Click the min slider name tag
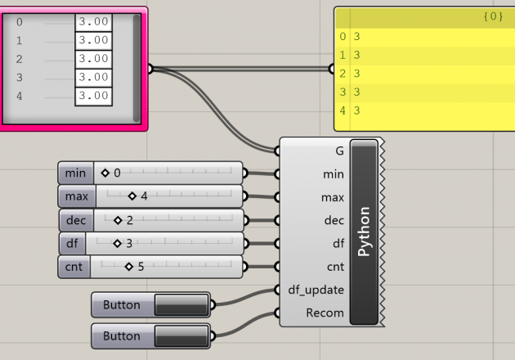pyautogui.click(x=75, y=173)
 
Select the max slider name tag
pyautogui.click(x=76, y=196)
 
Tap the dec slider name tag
pyautogui.click(x=75, y=220)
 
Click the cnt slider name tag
pyautogui.click(x=74, y=267)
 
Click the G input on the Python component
pyautogui.click(x=339, y=151)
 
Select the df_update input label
pyautogui.click(x=316, y=290)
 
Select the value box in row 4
pyautogui.click(x=93, y=96)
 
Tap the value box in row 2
pyautogui.click(x=93, y=59)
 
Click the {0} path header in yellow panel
pyautogui.click(x=494, y=16)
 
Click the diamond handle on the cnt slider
pyautogui.click(x=129, y=267)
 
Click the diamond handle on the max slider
pyautogui.click(x=132, y=196)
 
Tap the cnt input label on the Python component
pyautogui.click(x=335, y=267)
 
